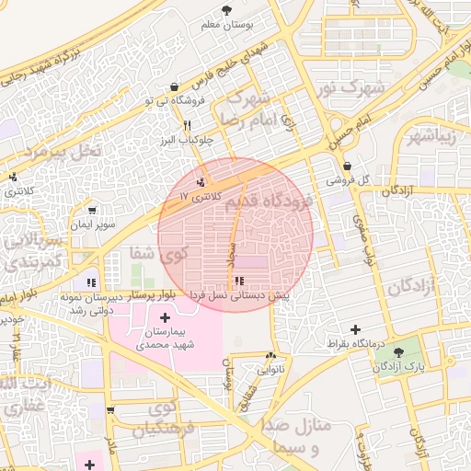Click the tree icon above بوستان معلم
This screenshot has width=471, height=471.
(226, 9)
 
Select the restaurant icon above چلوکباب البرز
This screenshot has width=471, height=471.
(187, 125)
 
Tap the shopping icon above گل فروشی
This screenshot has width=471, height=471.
(347, 167)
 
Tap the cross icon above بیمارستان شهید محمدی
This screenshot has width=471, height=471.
(165, 316)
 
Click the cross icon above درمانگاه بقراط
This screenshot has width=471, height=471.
(355, 329)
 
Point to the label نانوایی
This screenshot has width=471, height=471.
(270, 371)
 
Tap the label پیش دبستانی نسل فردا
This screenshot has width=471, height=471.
(237, 296)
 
